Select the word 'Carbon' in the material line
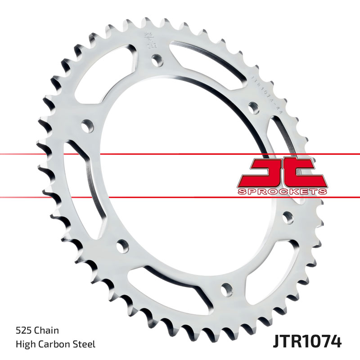[x=57, y=345]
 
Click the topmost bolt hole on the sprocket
[x=156, y=58]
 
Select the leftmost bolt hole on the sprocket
[x=85, y=125]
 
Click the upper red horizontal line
[x=135, y=155]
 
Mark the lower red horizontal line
[x=135, y=197]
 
